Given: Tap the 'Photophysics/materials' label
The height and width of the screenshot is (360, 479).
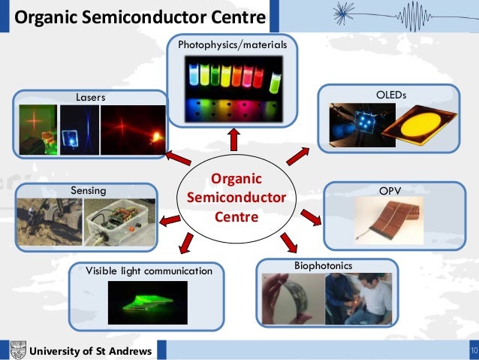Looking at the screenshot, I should click(x=232, y=46).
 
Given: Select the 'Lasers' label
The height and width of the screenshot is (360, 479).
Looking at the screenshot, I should click(x=90, y=97).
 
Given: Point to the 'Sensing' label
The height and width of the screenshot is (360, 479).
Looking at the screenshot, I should click(x=89, y=191).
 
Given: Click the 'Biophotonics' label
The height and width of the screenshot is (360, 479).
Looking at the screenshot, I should click(x=318, y=266).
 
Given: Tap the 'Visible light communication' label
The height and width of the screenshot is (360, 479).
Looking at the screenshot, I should click(x=149, y=270).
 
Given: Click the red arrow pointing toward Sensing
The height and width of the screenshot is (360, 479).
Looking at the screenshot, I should click(x=170, y=219).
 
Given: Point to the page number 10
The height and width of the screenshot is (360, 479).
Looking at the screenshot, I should click(x=473, y=351).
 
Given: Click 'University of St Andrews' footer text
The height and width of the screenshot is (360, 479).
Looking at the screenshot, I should click(x=90, y=352).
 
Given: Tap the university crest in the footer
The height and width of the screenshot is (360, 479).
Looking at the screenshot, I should click(x=17, y=350).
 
